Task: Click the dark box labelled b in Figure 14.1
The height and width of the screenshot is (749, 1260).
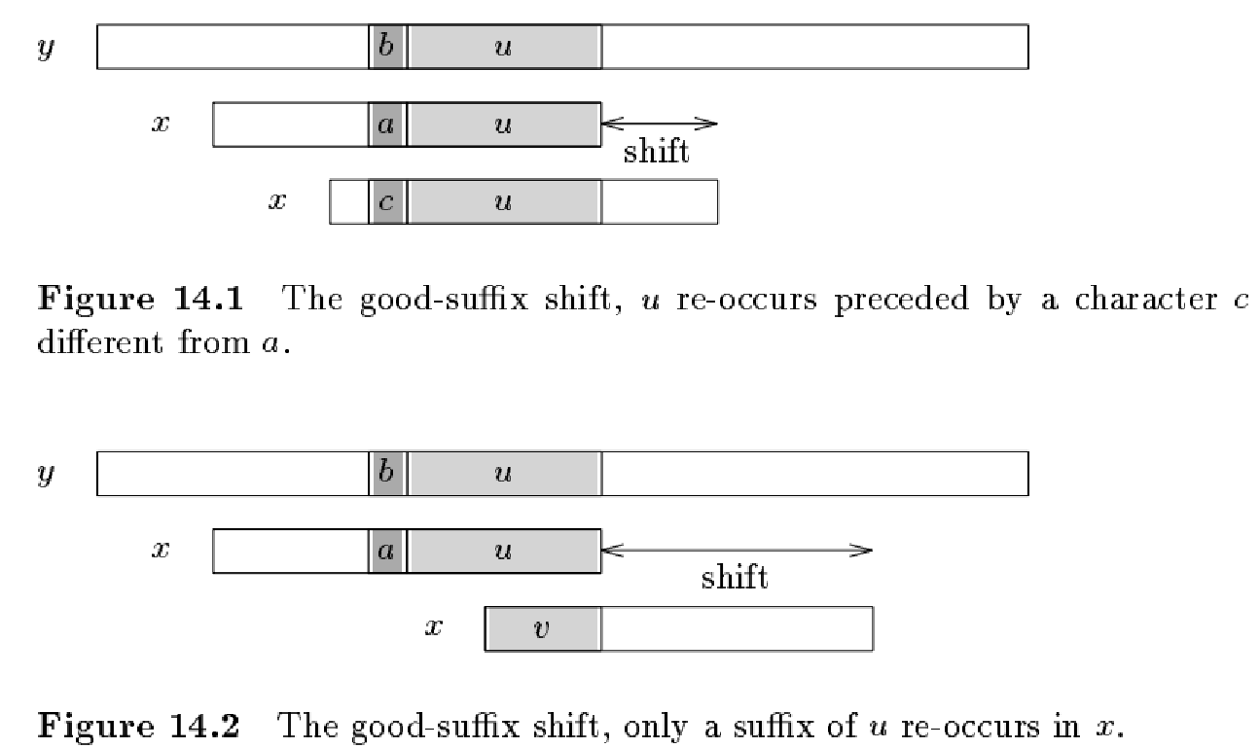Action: pos(387,48)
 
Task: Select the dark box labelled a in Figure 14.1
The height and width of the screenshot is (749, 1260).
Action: pos(387,125)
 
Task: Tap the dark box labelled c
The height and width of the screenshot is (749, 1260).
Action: pos(387,201)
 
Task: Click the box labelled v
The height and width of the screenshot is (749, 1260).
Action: pos(542,628)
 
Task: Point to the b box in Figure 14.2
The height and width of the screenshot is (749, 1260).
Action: pos(387,474)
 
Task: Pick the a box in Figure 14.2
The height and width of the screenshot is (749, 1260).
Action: pos(387,552)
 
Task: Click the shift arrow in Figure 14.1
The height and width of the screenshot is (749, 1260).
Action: pos(660,124)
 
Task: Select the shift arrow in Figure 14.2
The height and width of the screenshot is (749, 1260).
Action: pos(737,551)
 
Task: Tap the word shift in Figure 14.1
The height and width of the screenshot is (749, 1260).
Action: pos(656,152)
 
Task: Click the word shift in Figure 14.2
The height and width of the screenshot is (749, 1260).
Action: pos(735,578)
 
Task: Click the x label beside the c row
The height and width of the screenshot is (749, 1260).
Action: pos(277,201)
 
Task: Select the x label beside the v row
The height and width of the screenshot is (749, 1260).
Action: pos(433,628)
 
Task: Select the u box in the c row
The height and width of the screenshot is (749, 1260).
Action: pos(503,201)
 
